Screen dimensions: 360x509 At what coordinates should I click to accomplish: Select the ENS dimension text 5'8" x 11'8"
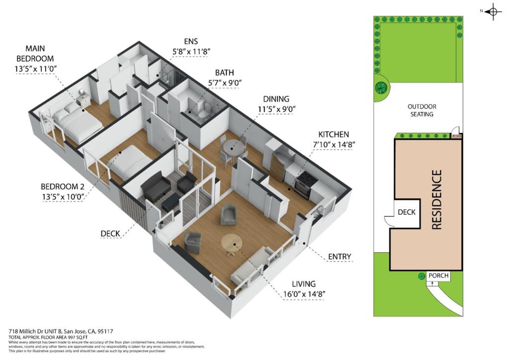191,51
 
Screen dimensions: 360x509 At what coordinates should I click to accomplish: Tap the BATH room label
225,73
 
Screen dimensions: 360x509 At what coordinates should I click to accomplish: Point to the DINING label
272,99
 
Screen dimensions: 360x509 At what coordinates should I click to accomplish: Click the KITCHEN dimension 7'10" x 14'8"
337,144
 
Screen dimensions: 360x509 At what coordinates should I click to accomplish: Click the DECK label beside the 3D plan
110,233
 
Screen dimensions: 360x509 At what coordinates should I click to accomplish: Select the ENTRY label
339,257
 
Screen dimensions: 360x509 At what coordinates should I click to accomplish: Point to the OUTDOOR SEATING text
422,110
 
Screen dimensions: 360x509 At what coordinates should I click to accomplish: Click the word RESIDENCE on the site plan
436,200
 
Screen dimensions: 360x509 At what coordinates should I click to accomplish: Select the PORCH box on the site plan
438,276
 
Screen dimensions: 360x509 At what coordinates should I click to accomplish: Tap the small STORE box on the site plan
456,136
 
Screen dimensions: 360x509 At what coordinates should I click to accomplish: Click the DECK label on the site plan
407,212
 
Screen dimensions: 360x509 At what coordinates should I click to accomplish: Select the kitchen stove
303,185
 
